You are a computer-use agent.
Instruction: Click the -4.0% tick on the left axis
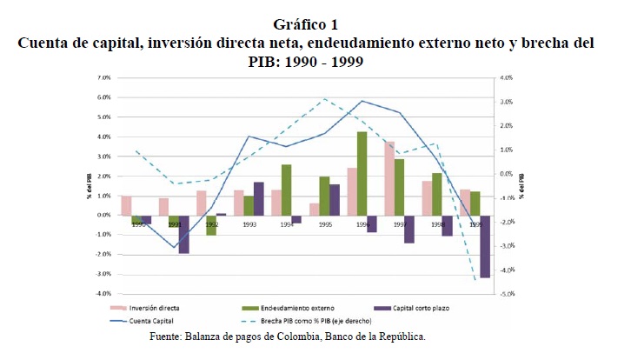[x=102, y=294]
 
